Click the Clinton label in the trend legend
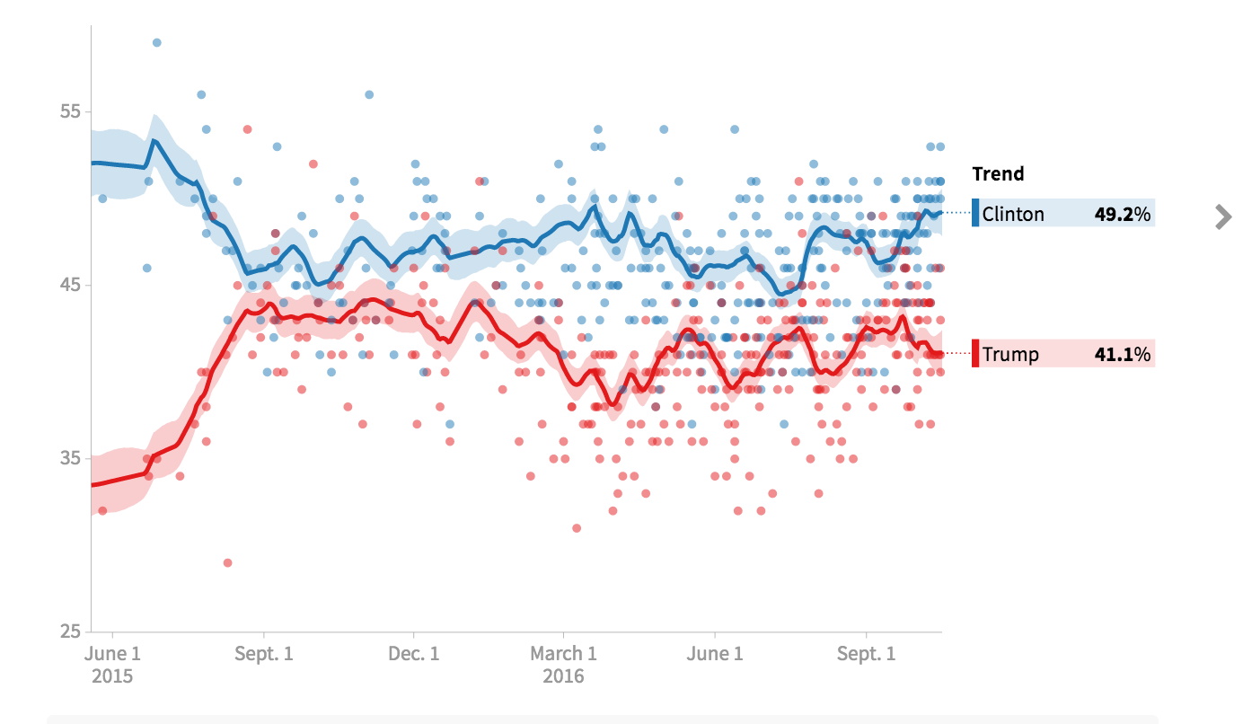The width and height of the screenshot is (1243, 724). coord(1013,214)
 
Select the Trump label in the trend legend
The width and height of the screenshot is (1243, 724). coord(1010,354)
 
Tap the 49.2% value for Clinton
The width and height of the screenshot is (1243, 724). coord(1122,214)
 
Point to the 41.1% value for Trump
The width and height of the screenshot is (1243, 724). coord(1122,354)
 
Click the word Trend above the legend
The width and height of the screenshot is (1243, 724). coord(998,174)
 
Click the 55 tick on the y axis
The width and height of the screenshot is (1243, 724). coord(70,111)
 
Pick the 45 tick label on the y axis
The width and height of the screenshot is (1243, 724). coord(70,285)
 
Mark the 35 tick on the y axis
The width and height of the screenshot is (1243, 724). coord(70,458)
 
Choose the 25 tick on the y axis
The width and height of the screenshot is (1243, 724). coord(70,631)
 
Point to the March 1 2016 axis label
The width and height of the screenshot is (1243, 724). coord(563,664)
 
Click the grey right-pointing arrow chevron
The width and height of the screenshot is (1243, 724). coord(1222,216)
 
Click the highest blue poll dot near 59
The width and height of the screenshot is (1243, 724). coord(157,42)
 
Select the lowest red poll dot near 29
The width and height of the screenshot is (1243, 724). coord(227,563)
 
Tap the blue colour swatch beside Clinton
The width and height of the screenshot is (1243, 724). coord(975,214)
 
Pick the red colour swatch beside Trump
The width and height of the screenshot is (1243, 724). coord(975,354)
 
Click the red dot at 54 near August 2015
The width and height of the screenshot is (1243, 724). coord(247,129)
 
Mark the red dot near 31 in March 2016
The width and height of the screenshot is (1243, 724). coord(577,528)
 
